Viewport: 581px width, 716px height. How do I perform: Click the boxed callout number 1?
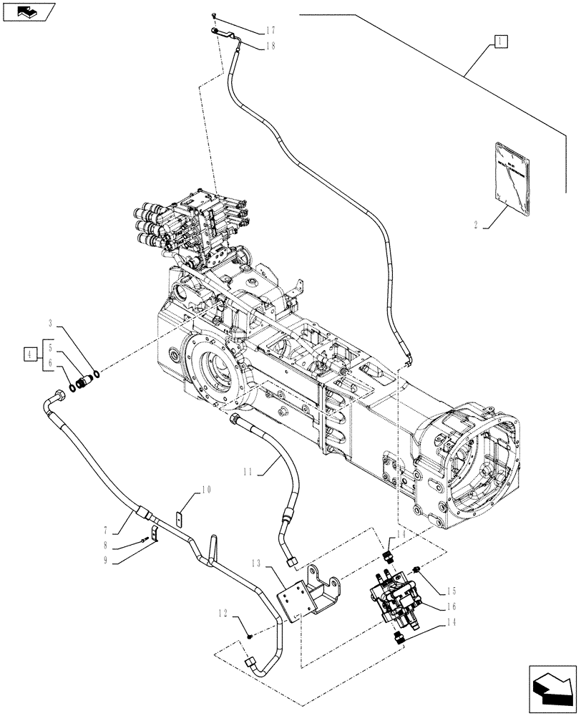pyautogui.click(x=499, y=42)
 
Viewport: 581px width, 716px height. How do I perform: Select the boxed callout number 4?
pyautogui.click(x=29, y=353)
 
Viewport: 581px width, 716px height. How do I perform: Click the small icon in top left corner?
pyautogui.click(x=28, y=11)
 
